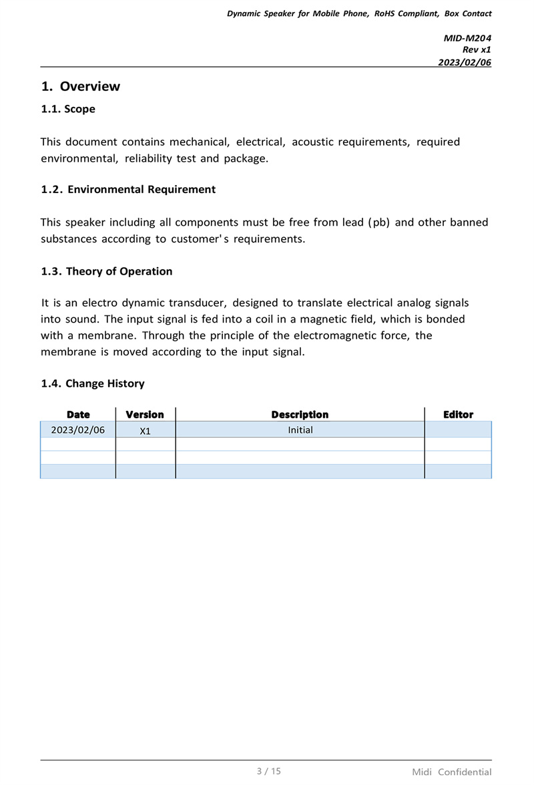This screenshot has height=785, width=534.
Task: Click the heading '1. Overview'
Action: [x=81, y=86]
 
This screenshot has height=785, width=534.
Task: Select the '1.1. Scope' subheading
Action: [x=68, y=109]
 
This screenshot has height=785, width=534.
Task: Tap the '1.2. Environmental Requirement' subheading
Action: [x=128, y=189]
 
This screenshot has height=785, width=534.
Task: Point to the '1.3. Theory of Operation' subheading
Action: [x=107, y=271]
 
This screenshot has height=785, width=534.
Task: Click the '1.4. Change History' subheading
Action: [x=93, y=383]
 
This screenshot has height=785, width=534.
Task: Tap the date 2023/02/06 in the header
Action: [x=464, y=61]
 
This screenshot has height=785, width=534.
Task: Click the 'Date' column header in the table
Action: [x=78, y=415]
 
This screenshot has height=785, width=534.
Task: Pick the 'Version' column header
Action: [x=145, y=415]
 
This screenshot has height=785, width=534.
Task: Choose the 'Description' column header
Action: [x=300, y=415]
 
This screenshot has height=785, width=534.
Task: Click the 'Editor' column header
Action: [x=458, y=415]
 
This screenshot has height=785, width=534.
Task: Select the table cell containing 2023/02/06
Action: [x=78, y=430]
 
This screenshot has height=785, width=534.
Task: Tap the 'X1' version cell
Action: [x=146, y=431]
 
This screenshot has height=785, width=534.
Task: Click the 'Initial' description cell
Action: [x=300, y=430]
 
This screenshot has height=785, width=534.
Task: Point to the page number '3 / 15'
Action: [x=269, y=771]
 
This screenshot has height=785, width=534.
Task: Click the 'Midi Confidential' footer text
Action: [x=451, y=772]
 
